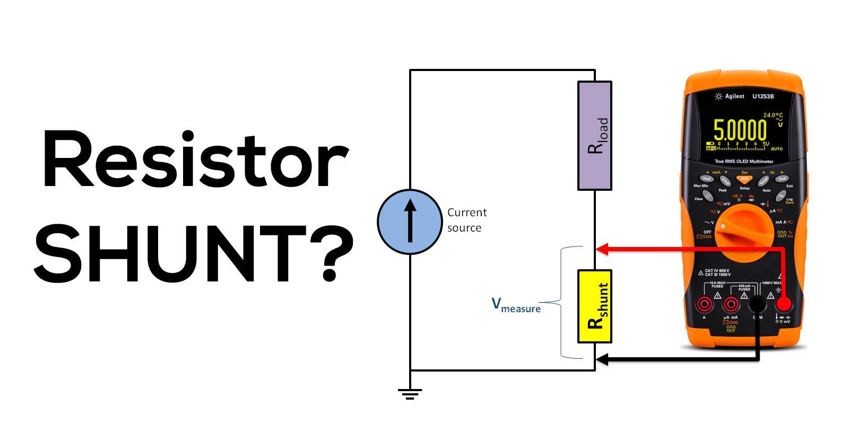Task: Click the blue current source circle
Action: click(x=410, y=221)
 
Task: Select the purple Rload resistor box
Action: click(x=595, y=136)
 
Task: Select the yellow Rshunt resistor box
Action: click(x=595, y=306)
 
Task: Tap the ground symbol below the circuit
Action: click(x=410, y=393)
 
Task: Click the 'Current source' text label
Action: click(x=466, y=220)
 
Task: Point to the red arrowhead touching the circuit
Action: click(x=601, y=248)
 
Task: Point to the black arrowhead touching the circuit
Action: click(x=601, y=360)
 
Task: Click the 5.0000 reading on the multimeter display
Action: click(x=740, y=130)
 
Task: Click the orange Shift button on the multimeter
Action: click(x=744, y=179)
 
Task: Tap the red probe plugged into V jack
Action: click(x=784, y=304)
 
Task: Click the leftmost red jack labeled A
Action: click(x=705, y=304)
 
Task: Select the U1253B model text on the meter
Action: click(x=763, y=96)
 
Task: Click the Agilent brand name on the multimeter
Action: click(x=734, y=96)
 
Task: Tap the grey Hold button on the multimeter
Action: click(x=706, y=179)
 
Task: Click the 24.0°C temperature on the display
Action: click(x=773, y=115)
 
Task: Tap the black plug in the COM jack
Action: click(x=757, y=304)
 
